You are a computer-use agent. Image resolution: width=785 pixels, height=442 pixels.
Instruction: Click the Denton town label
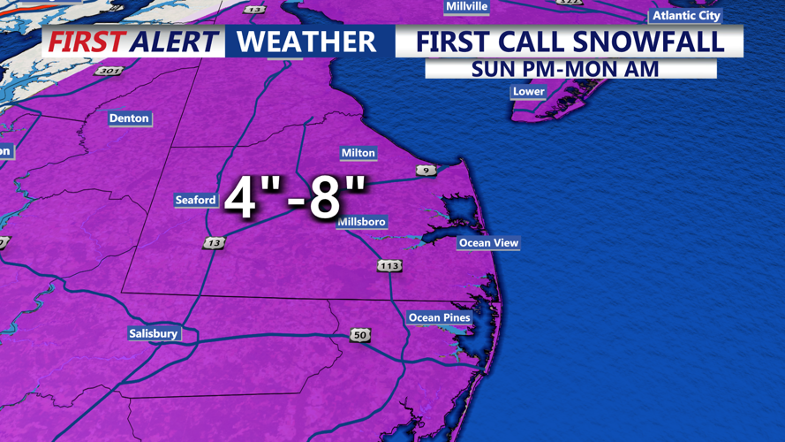point(129,118)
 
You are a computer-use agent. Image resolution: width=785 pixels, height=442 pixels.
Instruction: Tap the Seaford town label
point(195,200)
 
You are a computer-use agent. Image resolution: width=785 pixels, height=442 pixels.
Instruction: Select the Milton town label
point(358,153)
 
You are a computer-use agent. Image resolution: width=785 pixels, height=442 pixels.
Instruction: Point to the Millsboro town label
point(362,222)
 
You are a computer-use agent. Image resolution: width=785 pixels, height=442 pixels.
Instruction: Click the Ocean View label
point(488,243)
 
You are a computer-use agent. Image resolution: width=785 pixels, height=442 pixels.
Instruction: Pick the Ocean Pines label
point(439,318)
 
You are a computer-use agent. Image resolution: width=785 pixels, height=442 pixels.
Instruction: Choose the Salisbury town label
point(154,333)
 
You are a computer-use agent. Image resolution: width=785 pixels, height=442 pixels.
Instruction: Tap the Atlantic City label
point(686,16)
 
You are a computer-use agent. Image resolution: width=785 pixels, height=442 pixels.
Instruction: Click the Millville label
point(467,6)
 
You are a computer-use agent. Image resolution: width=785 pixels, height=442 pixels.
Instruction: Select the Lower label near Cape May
point(528,91)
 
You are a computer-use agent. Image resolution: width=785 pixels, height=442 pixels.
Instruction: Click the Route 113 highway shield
point(389,265)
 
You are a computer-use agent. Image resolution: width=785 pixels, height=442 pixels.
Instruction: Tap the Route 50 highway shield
point(359,335)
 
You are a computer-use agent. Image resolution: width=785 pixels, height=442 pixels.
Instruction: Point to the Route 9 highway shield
point(426,170)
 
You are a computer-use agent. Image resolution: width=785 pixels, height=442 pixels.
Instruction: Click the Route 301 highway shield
point(109,71)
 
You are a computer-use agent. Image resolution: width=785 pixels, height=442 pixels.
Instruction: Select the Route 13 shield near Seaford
point(214,242)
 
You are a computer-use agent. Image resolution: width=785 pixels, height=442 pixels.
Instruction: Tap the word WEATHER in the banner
point(306,42)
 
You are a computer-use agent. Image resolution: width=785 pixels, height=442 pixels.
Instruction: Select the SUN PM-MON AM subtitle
point(565,69)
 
